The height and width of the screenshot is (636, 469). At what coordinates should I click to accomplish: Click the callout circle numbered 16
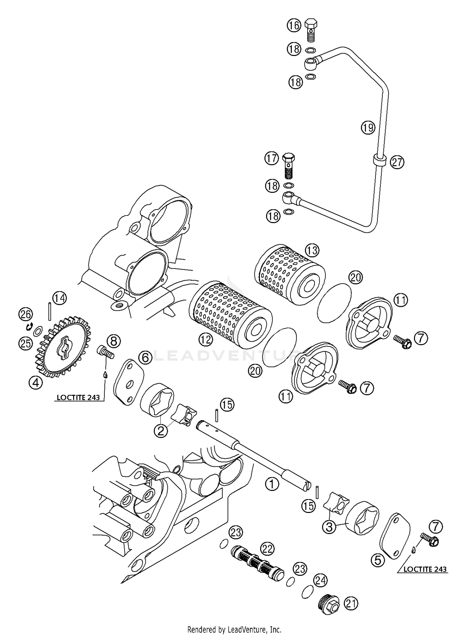[x=294, y=25]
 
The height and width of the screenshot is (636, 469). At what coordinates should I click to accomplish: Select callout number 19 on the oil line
[x=368, y=127]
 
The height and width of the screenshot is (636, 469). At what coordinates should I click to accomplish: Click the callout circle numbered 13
[x=312, y=250]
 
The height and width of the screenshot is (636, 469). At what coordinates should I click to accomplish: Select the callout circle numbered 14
[x=59, y=298]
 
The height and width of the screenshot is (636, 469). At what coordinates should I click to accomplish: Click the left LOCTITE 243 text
[x=78, y=398]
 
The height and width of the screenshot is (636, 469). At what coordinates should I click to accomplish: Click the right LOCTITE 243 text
[x=425, y=569]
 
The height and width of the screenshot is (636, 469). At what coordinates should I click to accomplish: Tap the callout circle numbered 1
[x=272, y=484]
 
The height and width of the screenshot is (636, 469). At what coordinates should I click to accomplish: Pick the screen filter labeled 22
[x=256, y=566]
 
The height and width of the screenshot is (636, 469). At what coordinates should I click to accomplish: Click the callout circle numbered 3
[x=329, y=527]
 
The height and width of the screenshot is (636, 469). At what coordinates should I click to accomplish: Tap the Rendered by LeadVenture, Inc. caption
[x=234, y=629]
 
